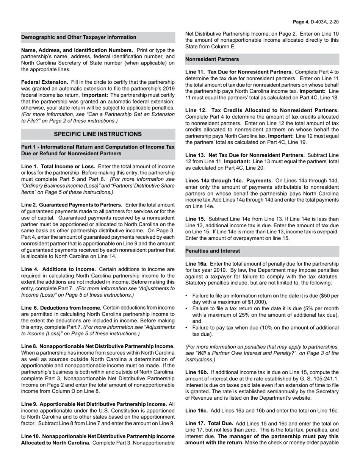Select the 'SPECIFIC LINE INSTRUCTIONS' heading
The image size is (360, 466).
point(98,134)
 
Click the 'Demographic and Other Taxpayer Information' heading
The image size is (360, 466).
point(79,37)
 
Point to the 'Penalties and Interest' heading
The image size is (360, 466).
point(213,251)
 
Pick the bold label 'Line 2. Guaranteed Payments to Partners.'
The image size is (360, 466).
point(72,205)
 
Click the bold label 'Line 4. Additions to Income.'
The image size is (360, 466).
point(56,269)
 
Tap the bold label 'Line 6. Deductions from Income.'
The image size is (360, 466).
point(61,308)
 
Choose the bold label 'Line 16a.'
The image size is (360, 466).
point(196,264)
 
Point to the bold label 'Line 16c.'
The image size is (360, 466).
point(196,411)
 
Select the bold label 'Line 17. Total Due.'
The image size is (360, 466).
point(210,424)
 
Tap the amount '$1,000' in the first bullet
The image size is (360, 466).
point(258,302)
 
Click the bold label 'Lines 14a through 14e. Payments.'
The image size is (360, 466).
point(229,180)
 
